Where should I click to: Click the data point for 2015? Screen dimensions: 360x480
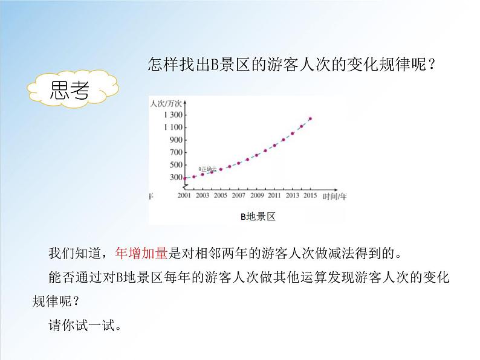(310, 118)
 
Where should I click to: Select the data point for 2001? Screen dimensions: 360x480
(185, 178)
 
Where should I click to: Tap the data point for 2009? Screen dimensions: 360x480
(256, 155)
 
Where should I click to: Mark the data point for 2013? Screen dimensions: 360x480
(293, 133)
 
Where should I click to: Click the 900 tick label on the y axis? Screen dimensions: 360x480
(175, 140)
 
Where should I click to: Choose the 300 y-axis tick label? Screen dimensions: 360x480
(175, 177)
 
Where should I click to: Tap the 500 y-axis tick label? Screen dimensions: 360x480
(175, 165)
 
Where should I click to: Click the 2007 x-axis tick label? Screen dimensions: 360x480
(238, 196)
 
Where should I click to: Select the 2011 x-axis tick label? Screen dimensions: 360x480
(274, 196)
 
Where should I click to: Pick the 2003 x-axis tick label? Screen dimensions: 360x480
(203, 196)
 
